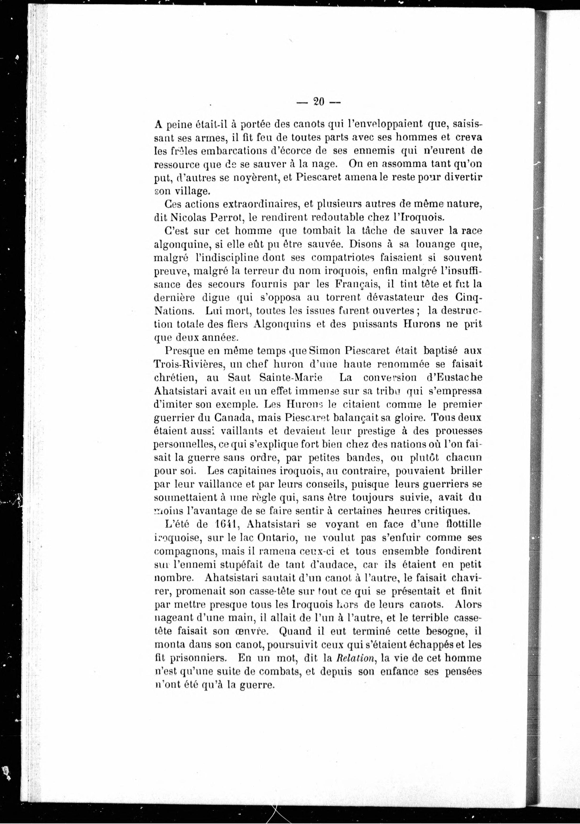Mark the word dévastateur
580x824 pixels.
[395, 298]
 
